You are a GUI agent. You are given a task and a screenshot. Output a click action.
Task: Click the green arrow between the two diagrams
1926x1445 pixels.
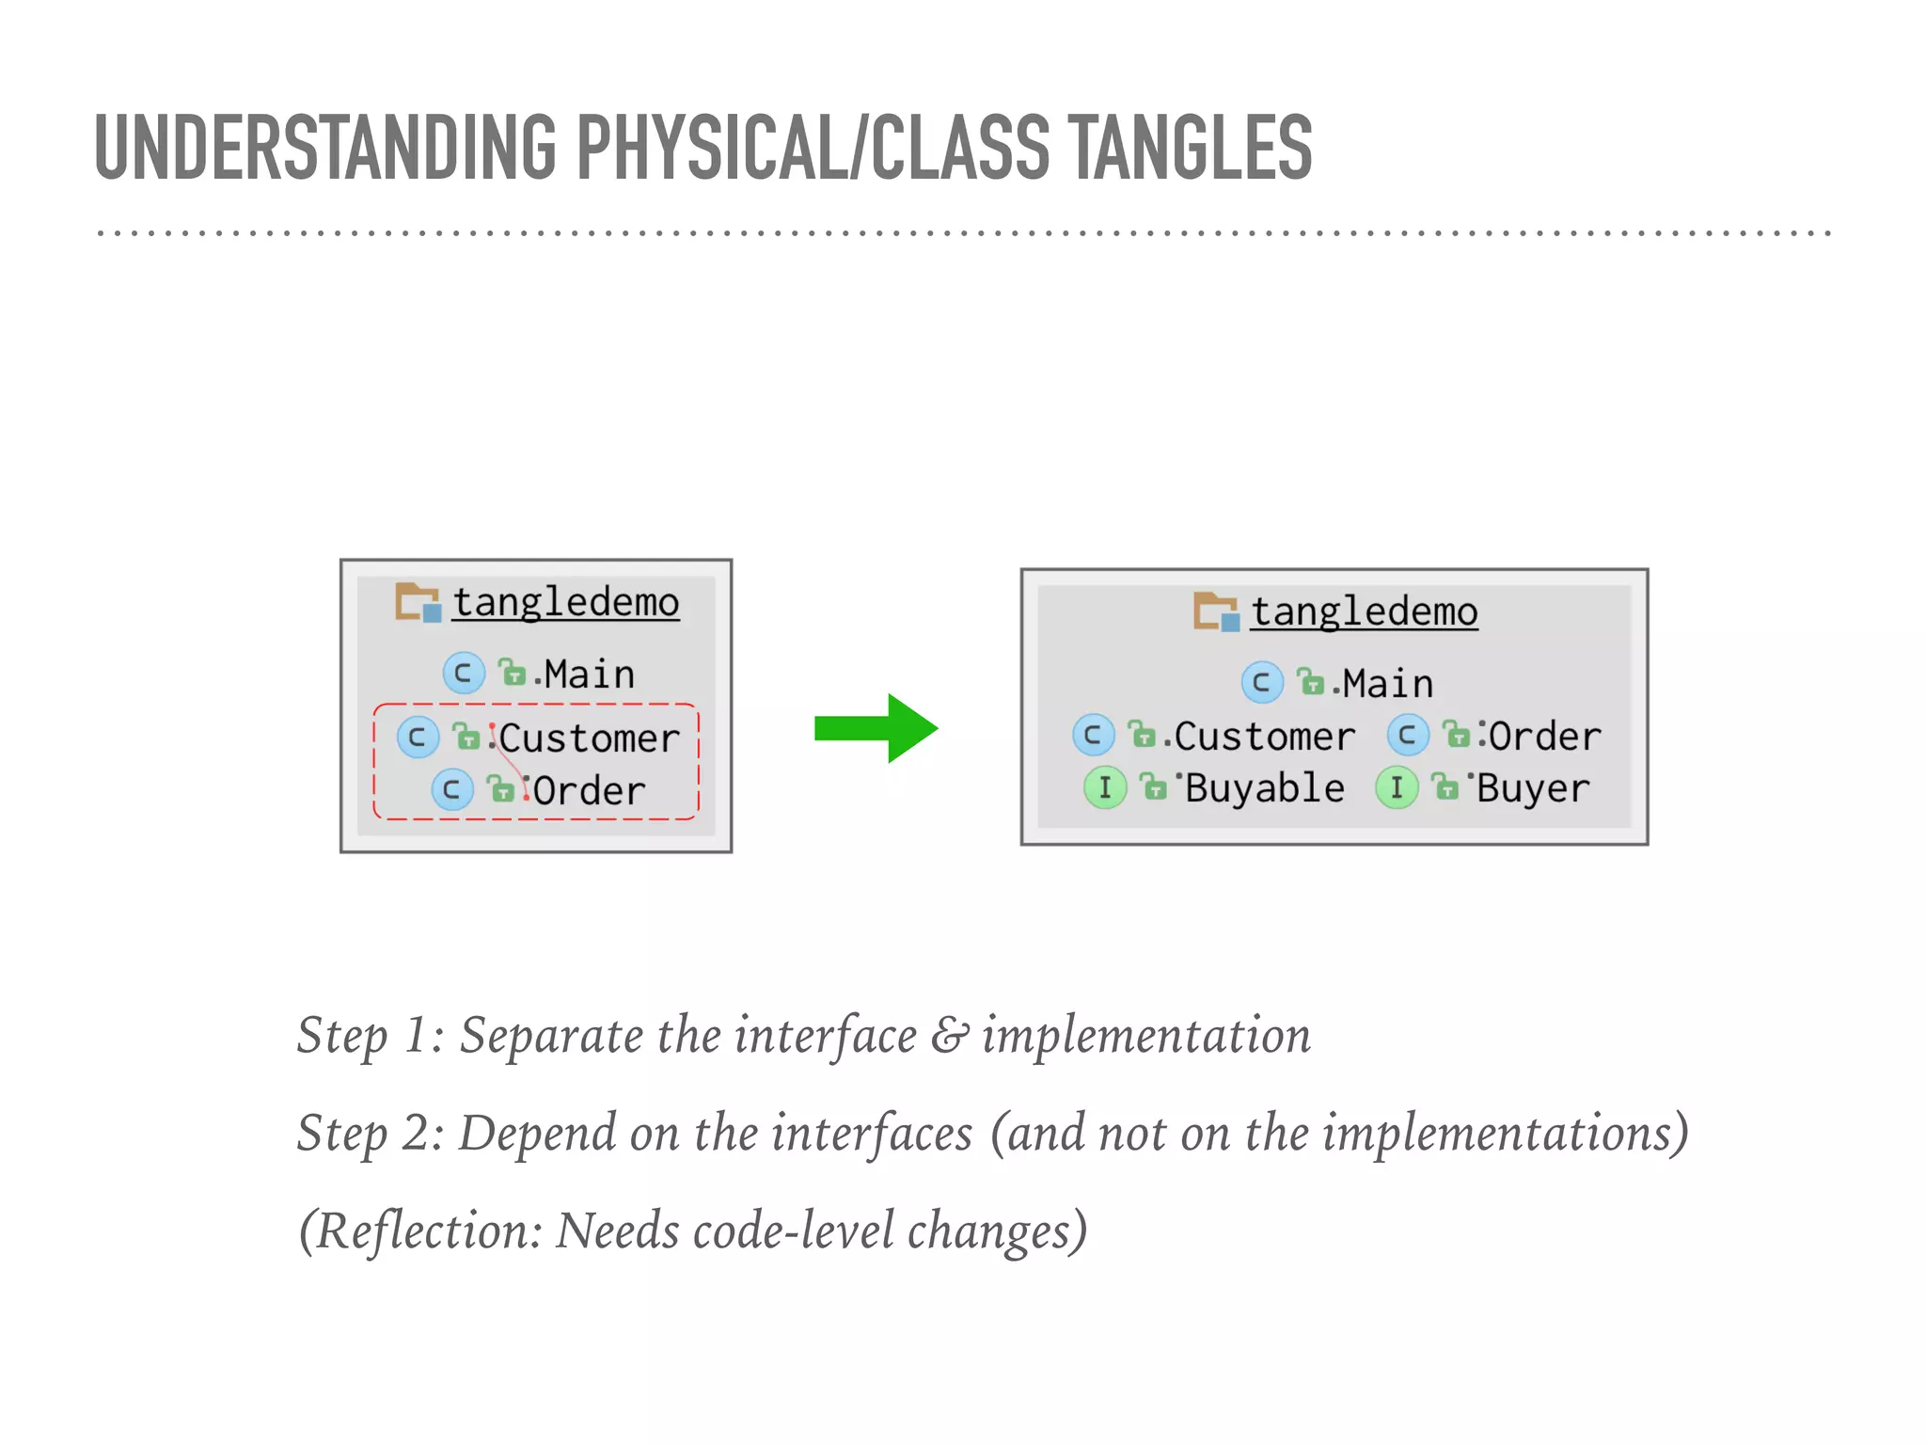coord(875,728)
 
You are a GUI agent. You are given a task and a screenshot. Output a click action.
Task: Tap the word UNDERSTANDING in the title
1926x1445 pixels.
coord(325,148)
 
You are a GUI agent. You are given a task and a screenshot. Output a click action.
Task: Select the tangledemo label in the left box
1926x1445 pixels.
coord(565,602)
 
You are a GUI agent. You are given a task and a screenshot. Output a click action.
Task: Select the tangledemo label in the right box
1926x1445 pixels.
coord(1364,611)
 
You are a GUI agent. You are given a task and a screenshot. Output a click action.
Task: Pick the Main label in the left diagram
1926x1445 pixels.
coord(589,675)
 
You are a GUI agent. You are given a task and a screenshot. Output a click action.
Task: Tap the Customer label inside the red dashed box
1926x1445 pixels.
coord(589,738)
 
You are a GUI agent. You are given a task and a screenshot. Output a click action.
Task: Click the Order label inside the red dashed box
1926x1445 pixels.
coord(590,791)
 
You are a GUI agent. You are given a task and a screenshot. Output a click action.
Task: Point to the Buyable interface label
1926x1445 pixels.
coord(1264,788)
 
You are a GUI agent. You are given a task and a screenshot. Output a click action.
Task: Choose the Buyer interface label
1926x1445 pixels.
coord(1533,788)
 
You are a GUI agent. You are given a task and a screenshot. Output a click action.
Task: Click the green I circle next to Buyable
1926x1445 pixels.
coord(1105,787)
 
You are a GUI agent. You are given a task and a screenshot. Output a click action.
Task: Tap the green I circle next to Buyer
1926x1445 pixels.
coord(1397,787)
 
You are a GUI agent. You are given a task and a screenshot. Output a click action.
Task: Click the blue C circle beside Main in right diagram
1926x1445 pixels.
coord(1261,683)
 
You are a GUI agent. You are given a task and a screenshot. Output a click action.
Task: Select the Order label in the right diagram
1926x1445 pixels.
coord(1544,737)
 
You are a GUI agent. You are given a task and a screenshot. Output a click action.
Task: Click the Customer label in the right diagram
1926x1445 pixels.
coord(1264,737)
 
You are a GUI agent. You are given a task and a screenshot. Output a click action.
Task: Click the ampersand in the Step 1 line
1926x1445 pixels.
coord(949,1036)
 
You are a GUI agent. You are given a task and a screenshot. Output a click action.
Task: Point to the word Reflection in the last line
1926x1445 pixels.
coord(428,1231)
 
